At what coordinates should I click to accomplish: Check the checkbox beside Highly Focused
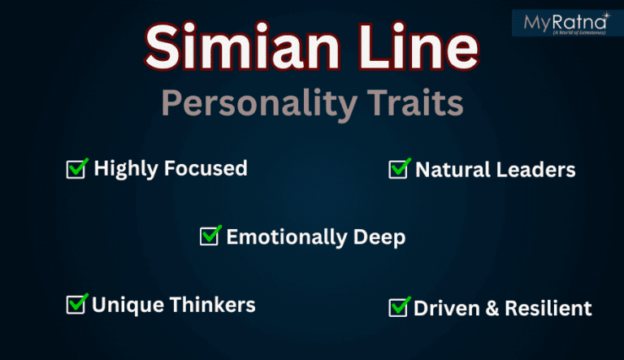[77, 169]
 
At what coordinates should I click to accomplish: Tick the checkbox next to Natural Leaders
[399, 169]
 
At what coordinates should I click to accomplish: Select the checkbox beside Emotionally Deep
[210, 236]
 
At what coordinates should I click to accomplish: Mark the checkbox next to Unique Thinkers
[76, 305]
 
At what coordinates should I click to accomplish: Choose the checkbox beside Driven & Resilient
[399, 307]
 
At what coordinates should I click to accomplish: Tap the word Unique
[121, 305]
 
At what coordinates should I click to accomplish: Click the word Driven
[442, 308]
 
